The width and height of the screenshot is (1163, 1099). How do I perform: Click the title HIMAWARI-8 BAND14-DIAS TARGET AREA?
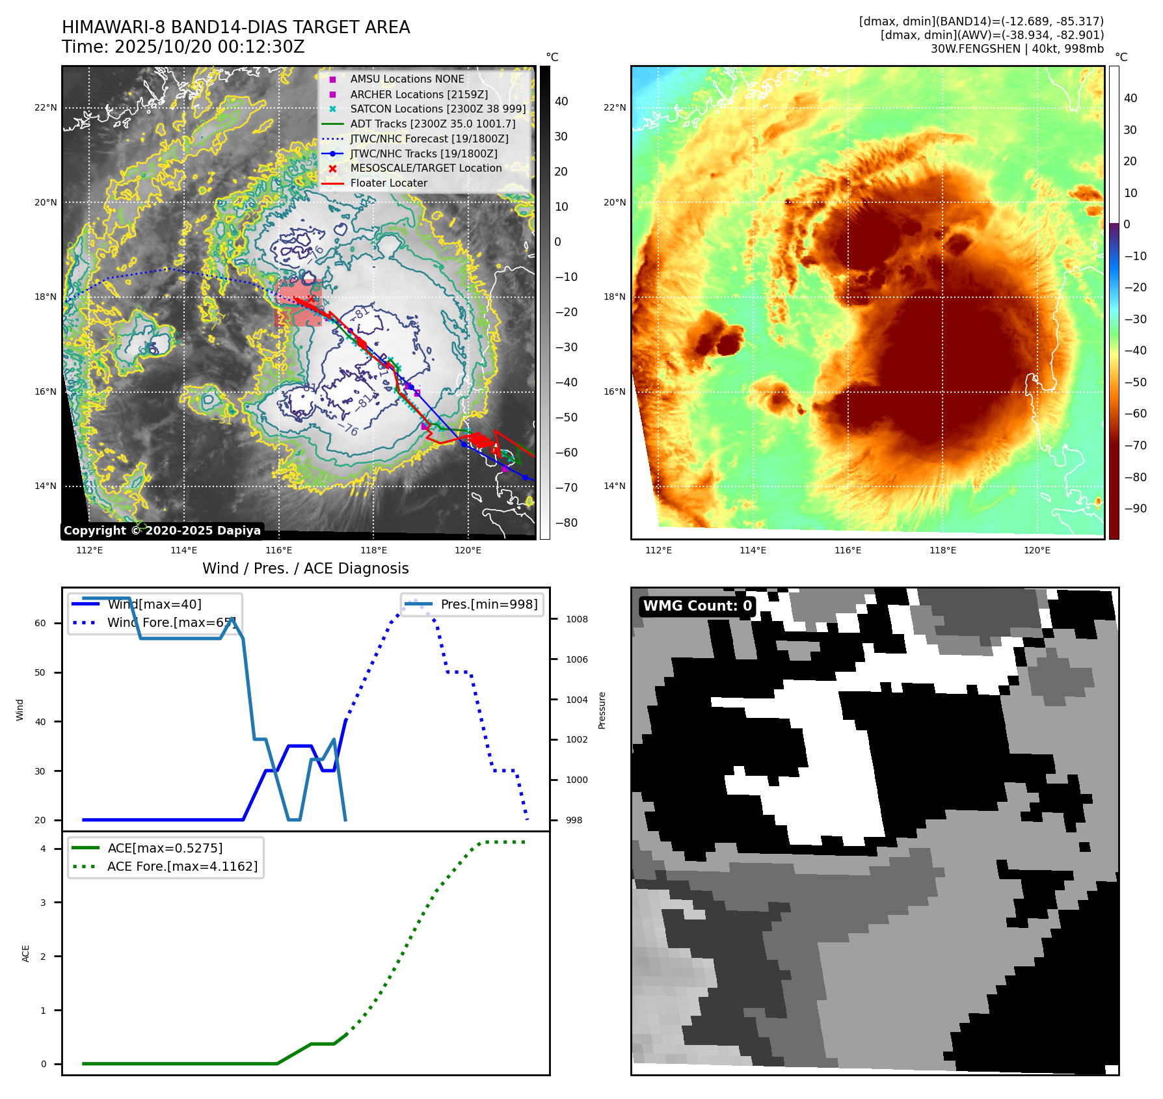235,27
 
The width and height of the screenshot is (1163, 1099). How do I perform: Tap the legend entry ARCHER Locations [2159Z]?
418,94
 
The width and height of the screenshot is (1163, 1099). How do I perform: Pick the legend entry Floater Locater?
388,183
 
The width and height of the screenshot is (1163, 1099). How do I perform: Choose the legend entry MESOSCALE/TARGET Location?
425,168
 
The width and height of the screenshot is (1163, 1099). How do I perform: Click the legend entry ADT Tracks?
432,124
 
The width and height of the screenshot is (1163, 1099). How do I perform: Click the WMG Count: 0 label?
697,606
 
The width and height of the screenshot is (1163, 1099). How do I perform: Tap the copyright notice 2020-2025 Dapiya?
162,531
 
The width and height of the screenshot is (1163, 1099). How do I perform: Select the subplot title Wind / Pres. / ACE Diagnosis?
305,568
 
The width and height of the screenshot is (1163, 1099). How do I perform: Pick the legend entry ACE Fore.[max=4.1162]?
182,866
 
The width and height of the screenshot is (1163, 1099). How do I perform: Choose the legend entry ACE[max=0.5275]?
165,848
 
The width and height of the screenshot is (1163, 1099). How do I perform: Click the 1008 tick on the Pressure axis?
576,619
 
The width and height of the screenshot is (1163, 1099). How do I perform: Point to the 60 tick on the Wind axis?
40,623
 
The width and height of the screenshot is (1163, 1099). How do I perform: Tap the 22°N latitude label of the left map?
46,108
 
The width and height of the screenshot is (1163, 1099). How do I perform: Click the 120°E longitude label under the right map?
1037,550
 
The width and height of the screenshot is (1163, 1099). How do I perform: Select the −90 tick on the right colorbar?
1136,509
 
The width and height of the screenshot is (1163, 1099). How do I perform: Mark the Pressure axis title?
602,710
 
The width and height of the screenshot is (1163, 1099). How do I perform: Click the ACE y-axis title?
26,953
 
